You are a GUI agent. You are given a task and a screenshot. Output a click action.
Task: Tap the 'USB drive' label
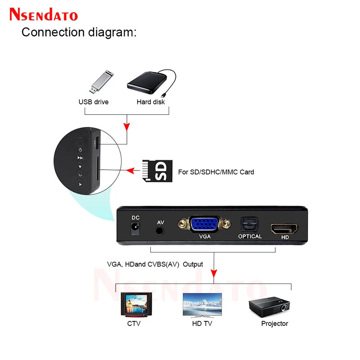pos(94,102)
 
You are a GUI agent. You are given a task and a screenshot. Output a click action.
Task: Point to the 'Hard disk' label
pos(151,102)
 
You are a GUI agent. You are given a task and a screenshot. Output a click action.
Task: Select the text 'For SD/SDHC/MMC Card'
pos(216,172)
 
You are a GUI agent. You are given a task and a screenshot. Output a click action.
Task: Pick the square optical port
pos(250,223)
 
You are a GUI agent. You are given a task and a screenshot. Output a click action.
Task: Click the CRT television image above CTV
pos(137,305)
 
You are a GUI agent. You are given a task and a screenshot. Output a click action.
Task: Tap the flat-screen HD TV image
pos(202,305)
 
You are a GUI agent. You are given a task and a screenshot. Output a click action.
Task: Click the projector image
pos(269,306)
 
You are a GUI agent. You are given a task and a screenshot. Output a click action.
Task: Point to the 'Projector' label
pos(274,324)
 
